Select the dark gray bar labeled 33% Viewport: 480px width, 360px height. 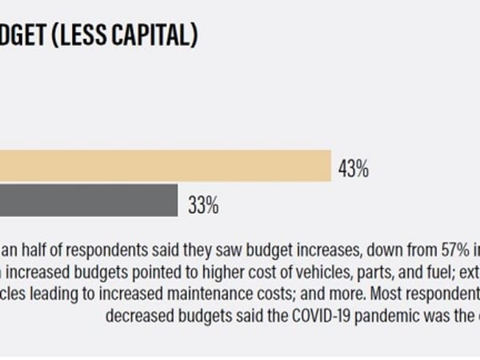pyautogui.click(x=88, y=200)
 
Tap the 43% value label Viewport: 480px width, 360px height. pyautogui.click(x=353, y=169)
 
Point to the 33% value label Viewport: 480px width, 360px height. pyautogui.click(x=203, y=205)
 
